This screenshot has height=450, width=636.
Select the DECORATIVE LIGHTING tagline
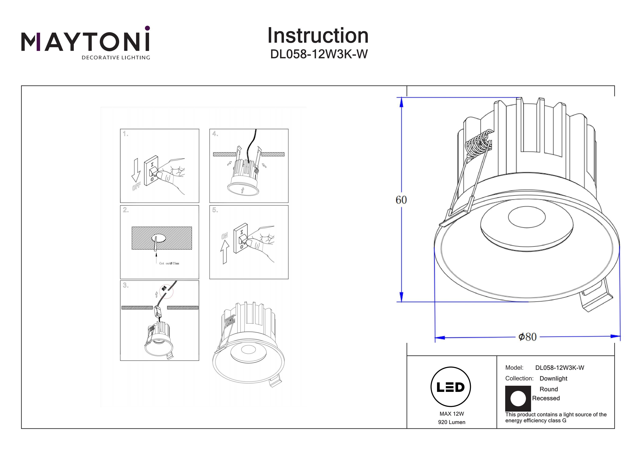116,58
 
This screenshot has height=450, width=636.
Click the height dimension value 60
401,200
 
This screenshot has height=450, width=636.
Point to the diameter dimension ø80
527,337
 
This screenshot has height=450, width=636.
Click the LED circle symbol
451,387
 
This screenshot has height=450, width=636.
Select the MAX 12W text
452,414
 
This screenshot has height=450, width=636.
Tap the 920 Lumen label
452,422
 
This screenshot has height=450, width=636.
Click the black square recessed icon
518,398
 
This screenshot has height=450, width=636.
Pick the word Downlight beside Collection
553,379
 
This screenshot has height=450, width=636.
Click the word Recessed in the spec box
546,398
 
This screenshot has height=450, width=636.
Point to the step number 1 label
126,134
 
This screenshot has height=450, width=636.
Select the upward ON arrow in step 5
225,251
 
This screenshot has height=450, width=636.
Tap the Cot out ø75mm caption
169,263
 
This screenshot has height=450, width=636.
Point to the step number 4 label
215,134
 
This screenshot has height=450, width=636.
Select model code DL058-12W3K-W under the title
319,54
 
